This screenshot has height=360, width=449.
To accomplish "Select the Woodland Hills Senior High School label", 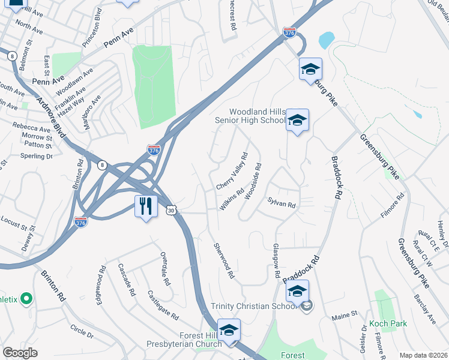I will coord(250,116).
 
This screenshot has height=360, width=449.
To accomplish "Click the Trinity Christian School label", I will coord(255,306).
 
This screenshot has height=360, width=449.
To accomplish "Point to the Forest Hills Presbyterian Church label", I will coord(184,340).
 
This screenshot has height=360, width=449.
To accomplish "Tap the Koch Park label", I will coord(388,323).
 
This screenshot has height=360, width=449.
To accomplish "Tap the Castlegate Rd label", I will coord(163,305).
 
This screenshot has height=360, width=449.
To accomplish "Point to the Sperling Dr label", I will coord(36,156).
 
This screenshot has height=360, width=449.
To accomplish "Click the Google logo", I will coord(20,353).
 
